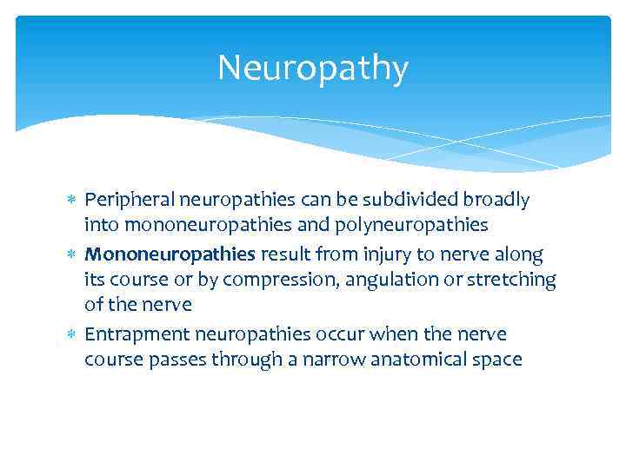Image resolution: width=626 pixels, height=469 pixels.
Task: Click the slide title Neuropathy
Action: coord(312,68)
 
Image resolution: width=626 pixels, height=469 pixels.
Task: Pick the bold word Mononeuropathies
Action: coord(170,254)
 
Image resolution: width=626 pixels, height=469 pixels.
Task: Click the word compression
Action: coord(276,281)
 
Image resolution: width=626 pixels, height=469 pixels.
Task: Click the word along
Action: coord(517,254)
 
